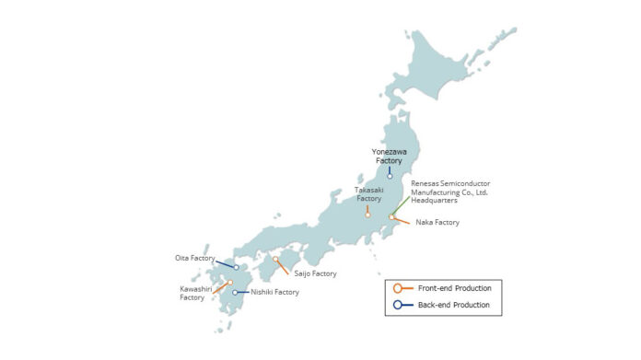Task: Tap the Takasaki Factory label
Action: pos(367,194)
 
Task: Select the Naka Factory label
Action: pos(437,222)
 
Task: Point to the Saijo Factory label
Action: pos(315,273)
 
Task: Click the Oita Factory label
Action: pos(194,259)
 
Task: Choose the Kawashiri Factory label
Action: pos(192,293)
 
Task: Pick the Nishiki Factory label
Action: pos(274,292)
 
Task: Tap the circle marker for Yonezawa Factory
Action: pos(390,176)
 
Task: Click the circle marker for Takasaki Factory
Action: pos(367,215)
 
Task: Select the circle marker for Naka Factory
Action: pos(392,217)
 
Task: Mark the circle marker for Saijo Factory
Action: pos(275,261)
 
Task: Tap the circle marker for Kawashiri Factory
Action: pos(230,283)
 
